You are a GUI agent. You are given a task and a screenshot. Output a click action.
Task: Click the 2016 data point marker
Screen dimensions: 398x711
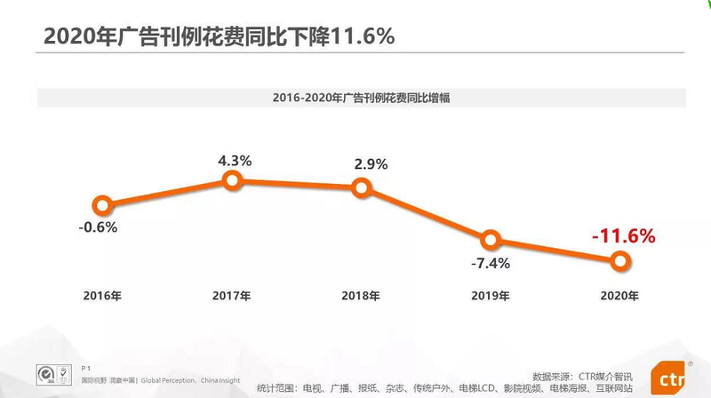(x=103, y=205)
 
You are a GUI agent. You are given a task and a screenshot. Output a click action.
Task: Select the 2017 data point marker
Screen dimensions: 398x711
(x=232, y=181)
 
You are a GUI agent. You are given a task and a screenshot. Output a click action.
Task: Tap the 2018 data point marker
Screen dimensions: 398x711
(x=361, y=187)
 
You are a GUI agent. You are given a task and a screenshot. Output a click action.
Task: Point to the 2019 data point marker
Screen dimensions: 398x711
(x=490, y=240)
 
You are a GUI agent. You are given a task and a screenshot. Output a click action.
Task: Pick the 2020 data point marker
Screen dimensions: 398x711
(x=620, y=260)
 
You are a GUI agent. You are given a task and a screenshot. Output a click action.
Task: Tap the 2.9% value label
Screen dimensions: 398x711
(x=361, y=166)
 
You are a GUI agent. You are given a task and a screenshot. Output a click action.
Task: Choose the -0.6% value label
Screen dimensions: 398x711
(x=98, y=227)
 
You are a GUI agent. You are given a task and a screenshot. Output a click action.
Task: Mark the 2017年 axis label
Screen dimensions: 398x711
(x=231, y=295)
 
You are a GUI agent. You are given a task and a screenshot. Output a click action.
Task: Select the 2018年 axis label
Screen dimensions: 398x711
(x=360, y=295)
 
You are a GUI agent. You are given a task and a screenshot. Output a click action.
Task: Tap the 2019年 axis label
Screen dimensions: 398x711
(x=490, y=295)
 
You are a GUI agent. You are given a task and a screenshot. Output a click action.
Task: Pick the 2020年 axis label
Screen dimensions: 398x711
(x=619, y=295)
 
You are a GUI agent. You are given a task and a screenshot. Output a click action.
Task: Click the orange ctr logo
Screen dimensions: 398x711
(x=672, y=380)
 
